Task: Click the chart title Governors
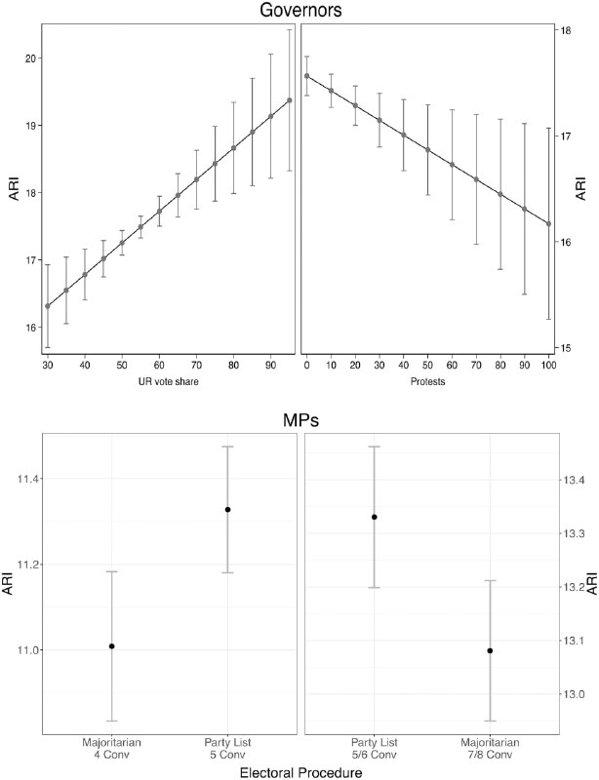pos(300,11)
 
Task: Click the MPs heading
pos(300,420)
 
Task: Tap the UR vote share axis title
pos(169,381)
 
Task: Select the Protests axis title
pos(427,381)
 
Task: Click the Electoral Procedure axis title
pos(300,772)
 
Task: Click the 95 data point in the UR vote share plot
pos(290,100)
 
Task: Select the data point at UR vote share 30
pos(48,306)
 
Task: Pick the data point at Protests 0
pos(306,76)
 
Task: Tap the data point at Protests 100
pos(548,224)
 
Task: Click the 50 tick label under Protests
pos(427,365)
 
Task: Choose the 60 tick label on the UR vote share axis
pos(159,365)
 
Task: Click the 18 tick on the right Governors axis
pos(565,30)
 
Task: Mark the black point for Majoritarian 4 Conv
pos(112,646)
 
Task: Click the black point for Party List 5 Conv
pos(227,509)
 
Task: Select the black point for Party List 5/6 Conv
pos(375,517)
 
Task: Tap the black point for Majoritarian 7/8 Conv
pos(490,650)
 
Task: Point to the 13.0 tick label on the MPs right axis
pos(573,694)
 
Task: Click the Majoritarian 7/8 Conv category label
pos(490,749)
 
